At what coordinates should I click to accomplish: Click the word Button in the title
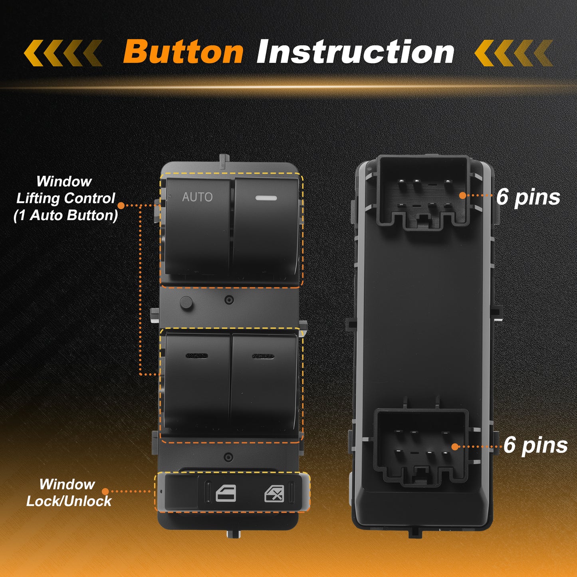[x=183, y=52]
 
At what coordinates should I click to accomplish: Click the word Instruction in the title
[x=355, y=52]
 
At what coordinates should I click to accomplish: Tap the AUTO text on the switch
[x=197, y=197]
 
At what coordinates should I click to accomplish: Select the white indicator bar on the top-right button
[x=266, y=198]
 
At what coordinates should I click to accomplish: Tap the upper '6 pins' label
[x=528, y=198]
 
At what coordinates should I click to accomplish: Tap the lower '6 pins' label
[x=535, y=446]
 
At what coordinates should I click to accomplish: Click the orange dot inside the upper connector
[x=463, y=196]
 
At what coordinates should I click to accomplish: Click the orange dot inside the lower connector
[x=455, y=447]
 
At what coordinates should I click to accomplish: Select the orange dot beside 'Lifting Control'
[x=121, y=205]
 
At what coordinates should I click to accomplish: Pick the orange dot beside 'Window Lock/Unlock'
[x=105, y=492]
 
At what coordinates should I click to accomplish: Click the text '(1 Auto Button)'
[x=66, y=215]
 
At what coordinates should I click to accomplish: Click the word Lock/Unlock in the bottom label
[x=69, y=501]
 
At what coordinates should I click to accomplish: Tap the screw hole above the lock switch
[x=228, y=457]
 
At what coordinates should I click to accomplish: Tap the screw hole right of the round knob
[x=229, y=300]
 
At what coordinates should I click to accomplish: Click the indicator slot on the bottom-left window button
[x=197, y=356]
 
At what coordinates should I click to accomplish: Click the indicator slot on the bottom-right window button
[x=263, y=356]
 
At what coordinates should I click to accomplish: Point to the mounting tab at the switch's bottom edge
[x=234, y=534]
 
